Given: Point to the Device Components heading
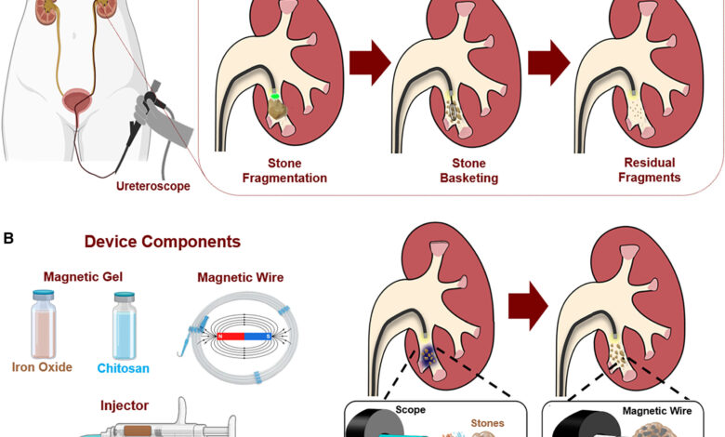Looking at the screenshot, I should point(163,242).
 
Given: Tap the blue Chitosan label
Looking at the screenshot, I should point(124,368).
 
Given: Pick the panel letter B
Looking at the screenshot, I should point(8,238).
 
